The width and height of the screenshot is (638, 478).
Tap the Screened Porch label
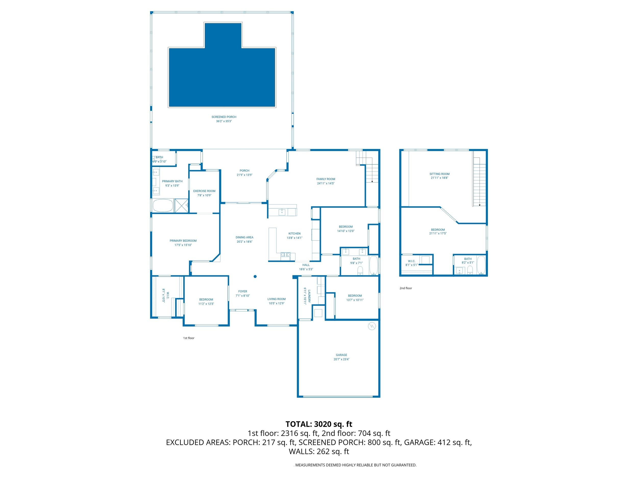click(x=224, y=117)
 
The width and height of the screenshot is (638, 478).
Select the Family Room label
click(x=326, y=179)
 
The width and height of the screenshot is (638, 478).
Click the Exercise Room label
click(x=204, y=191)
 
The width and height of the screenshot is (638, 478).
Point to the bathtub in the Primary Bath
click(x=163, y=206)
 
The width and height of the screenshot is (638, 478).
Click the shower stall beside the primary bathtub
click(x=181, y=206)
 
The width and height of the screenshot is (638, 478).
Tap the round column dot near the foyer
click(x=255, y=277)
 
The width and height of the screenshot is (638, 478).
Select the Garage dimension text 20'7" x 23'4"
click(x=341, y=359)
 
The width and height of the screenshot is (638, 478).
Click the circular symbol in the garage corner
click(x=372, y=326)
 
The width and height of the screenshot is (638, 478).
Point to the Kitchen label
click(x=295, y=234)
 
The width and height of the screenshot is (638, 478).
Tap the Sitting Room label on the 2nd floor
click(x=439, y=174)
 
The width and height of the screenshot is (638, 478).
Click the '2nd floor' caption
click(x=406, y=288)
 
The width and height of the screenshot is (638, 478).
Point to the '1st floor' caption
click(x=189, y=338)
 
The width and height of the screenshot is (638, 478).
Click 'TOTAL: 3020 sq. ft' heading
click(x=319, y=424)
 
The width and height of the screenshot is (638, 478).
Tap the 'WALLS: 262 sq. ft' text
click(x=319, y=451)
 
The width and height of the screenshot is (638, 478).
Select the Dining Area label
click(x=244, y=237)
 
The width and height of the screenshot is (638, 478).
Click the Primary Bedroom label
click(x=183, y=241)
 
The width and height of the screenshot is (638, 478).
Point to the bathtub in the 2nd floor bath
click(x=481, y=265)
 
